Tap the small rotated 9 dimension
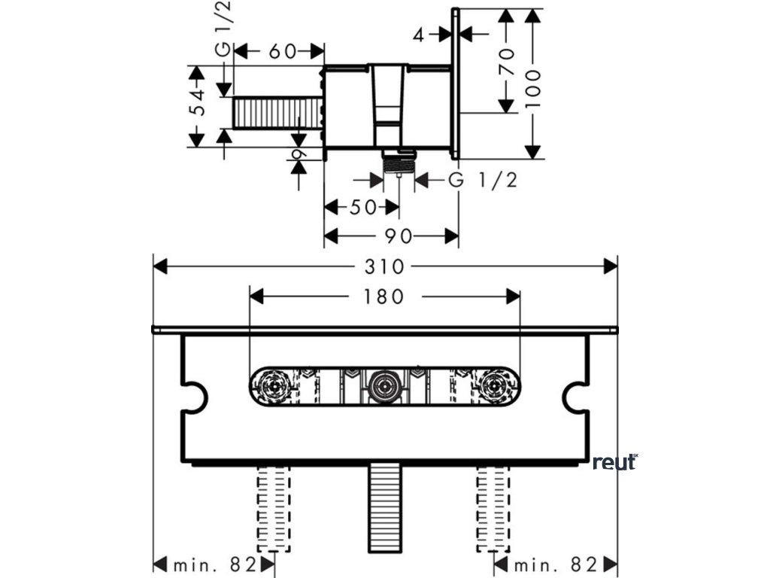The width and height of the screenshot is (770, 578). (x=299, y=155)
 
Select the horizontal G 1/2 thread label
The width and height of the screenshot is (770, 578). (x=483, y=181)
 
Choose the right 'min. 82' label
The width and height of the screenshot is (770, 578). (x=556, y=564)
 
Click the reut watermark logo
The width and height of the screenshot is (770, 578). (x=614, y=461)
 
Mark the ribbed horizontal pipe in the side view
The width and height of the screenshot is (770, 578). (x=277, y=113)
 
